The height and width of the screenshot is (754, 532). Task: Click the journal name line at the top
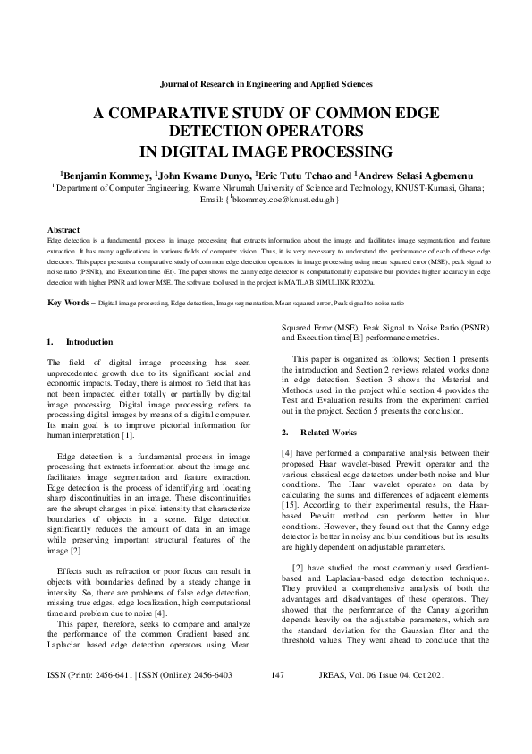(266, 83)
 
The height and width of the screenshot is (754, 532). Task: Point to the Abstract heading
(63, 230)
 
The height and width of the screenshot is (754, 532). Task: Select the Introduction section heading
(89, 342)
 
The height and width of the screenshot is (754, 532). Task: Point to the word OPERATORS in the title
(296, 132)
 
